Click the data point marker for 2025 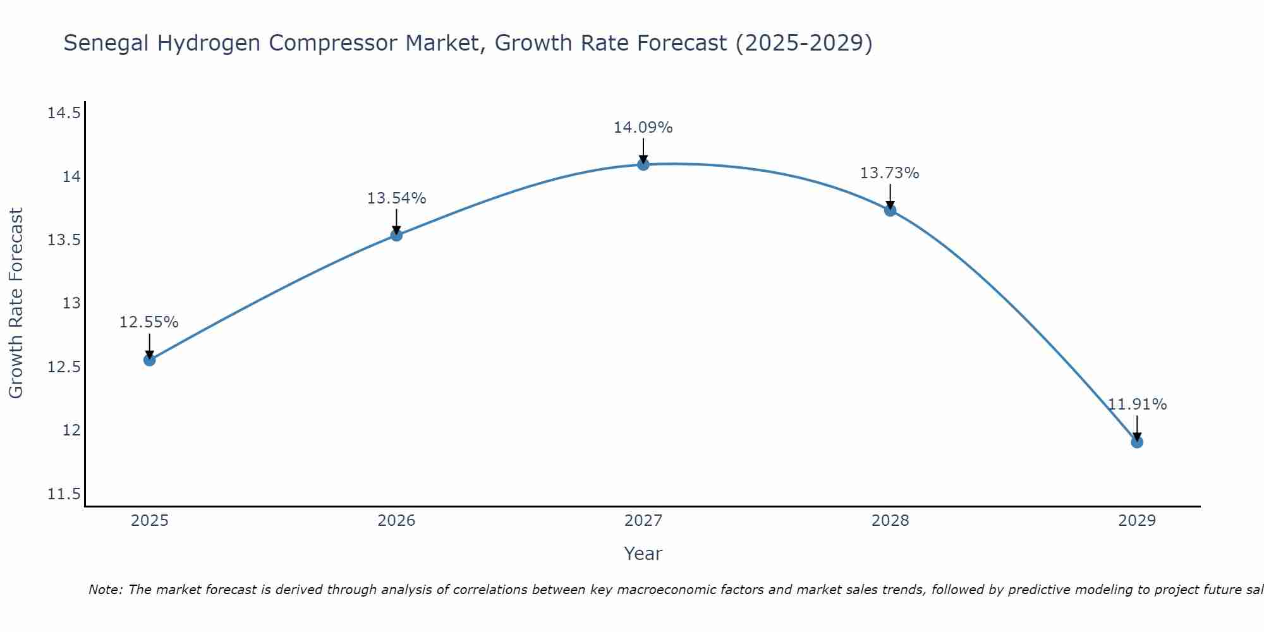150,360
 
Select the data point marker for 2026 396,235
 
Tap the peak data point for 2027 643,165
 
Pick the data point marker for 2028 890,210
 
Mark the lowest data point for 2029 1137,442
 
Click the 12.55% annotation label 149,322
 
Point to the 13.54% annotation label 396,198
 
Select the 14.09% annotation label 643,128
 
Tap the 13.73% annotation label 890,173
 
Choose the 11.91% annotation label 1137,404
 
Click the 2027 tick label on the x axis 643,521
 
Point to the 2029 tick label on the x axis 1137,521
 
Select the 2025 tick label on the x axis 150,521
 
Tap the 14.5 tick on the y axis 64,114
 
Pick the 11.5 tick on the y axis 64,494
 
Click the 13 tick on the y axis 71,303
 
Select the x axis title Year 643,554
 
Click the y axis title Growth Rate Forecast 16,303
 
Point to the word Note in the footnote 106,590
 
